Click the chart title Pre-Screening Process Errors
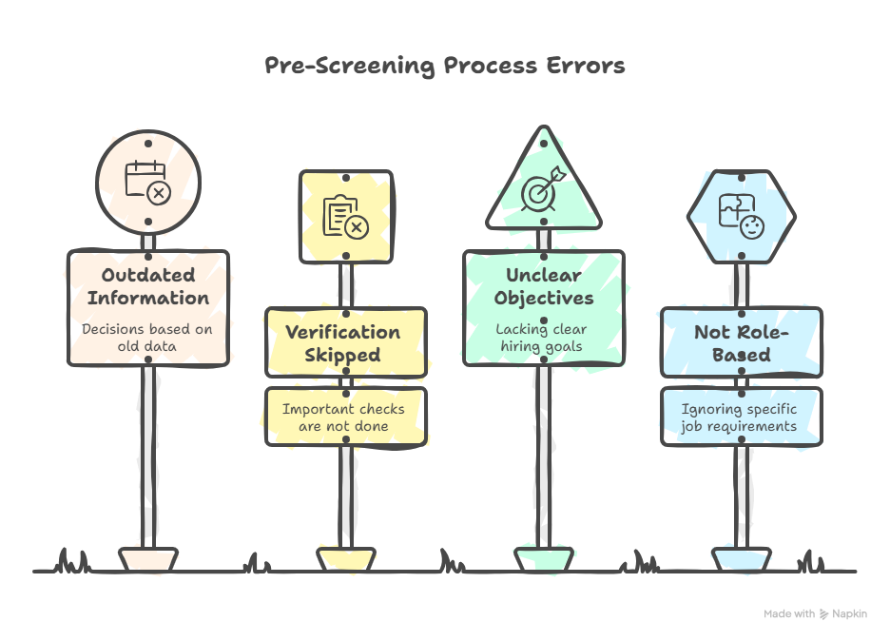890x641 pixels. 444,66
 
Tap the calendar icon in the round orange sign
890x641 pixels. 148,181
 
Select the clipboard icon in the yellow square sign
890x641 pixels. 345,216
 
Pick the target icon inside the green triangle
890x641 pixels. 543,190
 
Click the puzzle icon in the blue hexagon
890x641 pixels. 741,217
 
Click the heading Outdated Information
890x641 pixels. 148,286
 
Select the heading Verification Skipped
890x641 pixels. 343,343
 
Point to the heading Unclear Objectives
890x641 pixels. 543,286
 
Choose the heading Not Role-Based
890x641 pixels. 741,343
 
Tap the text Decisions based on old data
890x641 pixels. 148,338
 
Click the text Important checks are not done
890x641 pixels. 343,418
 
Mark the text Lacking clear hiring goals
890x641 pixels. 543,338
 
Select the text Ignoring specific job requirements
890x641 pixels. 740,418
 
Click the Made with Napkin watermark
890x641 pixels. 815,614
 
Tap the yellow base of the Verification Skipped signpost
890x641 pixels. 343,558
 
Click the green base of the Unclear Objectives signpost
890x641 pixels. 544,558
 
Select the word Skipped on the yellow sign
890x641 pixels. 343,356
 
